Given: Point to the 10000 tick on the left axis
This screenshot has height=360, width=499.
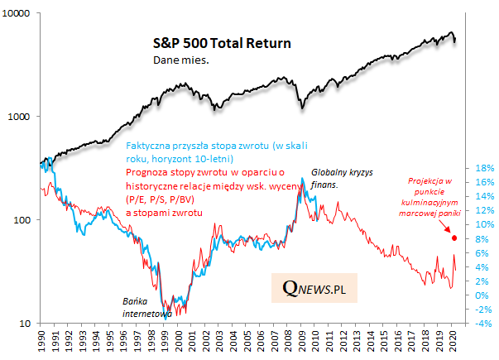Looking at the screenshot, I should pos(18,14).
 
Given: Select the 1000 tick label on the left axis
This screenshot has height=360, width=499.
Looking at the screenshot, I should pos(21,117).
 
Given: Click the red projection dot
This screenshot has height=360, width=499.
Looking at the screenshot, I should pos(453,238).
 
